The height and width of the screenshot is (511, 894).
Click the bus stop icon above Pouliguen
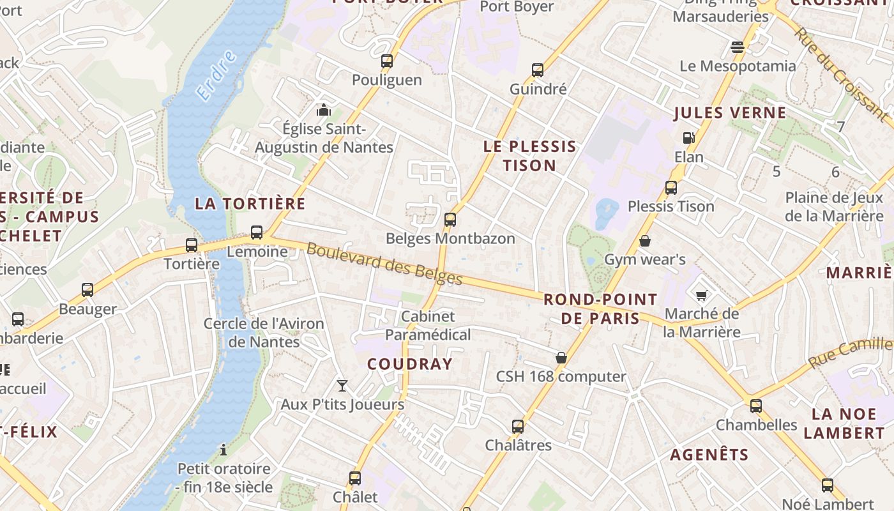tap(386, 61)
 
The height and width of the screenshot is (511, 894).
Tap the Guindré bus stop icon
tap(538, 70)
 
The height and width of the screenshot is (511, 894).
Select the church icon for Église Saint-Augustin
tap(324, 110)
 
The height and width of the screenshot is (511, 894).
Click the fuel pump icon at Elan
tap(688, 138)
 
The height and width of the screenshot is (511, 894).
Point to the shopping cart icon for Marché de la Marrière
tap(701, 295)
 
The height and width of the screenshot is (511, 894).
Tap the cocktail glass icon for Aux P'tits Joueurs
tap(342, 385)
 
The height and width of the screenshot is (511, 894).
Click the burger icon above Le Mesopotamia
tap(738, 47)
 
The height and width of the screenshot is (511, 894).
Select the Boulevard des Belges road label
tap(384, 264)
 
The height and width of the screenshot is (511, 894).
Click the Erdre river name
tap(216, 75)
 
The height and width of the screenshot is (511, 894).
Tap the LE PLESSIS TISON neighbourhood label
tap(529, 156)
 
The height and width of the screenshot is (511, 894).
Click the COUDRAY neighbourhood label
tap(410, 364)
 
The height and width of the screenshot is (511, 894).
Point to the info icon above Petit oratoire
tap(223, 450)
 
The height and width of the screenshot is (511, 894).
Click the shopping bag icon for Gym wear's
tap(645, 241)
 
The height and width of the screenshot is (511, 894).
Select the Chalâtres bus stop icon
tap(518, 426)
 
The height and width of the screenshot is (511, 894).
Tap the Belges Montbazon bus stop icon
tap(450, 220)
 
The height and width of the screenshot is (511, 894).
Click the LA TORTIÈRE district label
tap(250, 204)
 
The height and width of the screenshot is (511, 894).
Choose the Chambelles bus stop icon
tap(756, 406)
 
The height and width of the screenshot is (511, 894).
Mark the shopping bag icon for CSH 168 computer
tap(561, 358)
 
